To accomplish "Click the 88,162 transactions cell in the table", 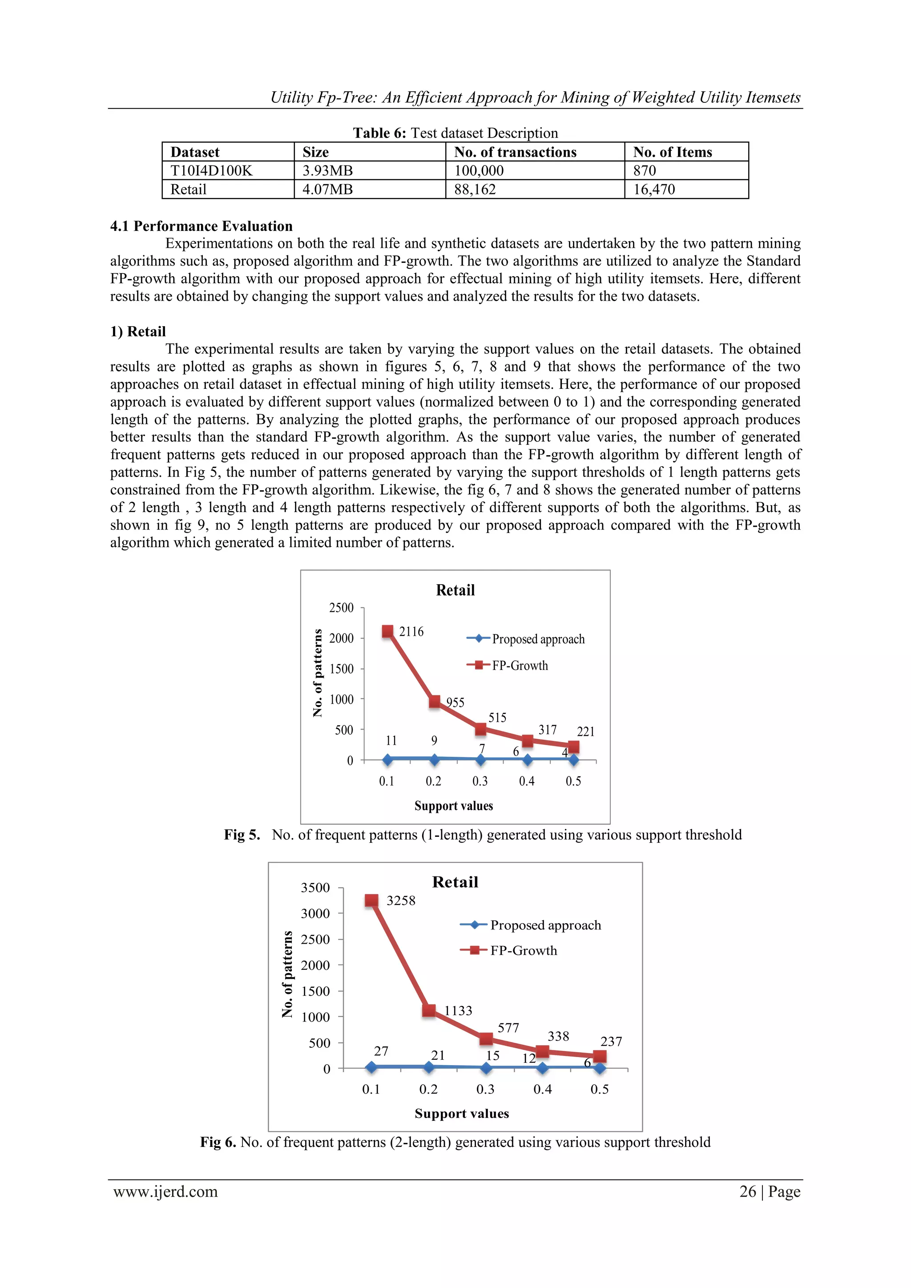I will click(x=475, y=190).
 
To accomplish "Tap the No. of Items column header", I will click(x=672, y=152).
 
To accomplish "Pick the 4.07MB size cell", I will click(x=327, y=190).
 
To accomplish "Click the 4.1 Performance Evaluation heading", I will click(x=202, y=226).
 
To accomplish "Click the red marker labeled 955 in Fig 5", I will click(x=434, y=702).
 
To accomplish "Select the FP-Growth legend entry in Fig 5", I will click(x=520, y=666).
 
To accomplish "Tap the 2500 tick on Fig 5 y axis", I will click(x=341, y=608).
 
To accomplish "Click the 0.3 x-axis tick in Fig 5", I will click(x=480, y=781).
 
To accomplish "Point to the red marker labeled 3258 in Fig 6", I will click(x=371, y=900).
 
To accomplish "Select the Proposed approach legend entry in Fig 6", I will click(x=545, y=925).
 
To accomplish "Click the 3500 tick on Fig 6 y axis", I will click(x=315, y=888).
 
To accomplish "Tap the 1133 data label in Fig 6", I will click(x=458, y=1011).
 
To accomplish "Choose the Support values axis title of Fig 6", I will click(x=462, y=1114).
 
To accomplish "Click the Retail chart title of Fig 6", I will click(x=455, y=882).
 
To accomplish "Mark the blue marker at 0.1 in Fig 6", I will click(x=371, y=1067).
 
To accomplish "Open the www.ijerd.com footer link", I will click(x=165, y=1191).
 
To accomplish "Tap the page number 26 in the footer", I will click(x=747, y=1191).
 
